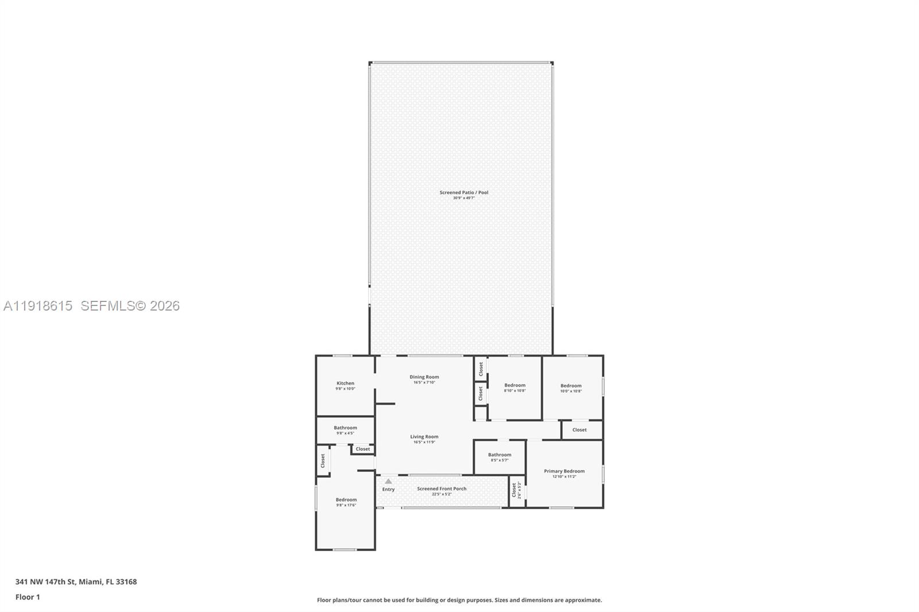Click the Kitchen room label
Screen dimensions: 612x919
pos(345,383)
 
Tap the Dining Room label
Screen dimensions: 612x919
pos(424,377)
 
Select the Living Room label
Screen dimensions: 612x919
pos(424,437)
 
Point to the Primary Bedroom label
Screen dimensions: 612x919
pos(564,471)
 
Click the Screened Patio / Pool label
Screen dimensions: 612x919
pos(464,192)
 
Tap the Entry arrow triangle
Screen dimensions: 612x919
pos(388,482)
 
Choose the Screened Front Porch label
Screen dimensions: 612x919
pos(441,489)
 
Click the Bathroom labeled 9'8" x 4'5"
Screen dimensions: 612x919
pos(345,428)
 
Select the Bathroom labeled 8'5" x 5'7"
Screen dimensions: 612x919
pos(499,455)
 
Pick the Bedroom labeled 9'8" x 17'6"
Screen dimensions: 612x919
pos(346,500)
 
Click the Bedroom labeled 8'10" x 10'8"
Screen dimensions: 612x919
pos(515,385)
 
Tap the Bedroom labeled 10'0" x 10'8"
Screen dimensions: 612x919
pos(570,386)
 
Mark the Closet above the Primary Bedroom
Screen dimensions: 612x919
pos(579,429)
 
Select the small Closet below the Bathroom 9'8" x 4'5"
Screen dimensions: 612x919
pos(362,449)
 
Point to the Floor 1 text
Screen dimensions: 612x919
pos(28,597)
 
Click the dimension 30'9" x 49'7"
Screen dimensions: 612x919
pos(464,198)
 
